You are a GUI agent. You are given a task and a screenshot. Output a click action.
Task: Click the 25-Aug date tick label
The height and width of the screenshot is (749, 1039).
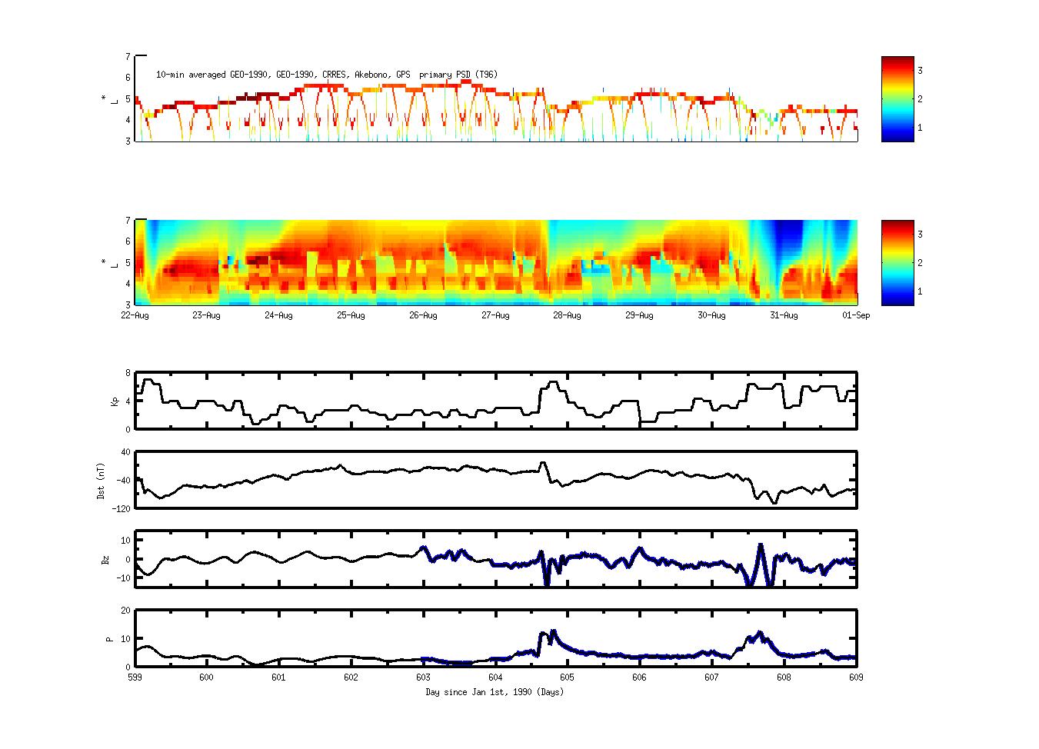351,315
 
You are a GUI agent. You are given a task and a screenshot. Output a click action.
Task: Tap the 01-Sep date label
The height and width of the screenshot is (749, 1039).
856,315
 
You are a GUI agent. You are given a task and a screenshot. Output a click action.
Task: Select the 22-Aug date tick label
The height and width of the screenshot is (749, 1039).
135,315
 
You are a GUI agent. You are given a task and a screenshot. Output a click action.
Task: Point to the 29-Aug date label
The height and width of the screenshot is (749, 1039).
640,315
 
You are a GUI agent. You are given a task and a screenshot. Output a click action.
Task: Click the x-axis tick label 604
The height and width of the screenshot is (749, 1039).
495,677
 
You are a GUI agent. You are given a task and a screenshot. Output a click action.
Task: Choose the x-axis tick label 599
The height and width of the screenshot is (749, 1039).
135,677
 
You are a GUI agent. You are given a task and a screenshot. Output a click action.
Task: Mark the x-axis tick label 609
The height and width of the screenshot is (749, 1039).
856,677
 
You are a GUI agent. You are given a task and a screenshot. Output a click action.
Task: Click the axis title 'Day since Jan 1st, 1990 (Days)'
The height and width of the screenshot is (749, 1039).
495,692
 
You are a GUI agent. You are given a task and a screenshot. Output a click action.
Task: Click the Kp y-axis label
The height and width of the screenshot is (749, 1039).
116,401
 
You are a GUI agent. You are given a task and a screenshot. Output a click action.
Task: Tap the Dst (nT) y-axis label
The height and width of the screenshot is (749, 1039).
101,481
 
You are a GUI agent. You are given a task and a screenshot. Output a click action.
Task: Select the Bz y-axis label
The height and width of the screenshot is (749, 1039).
105,560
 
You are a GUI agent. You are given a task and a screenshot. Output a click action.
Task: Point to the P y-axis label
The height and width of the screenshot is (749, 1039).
109,638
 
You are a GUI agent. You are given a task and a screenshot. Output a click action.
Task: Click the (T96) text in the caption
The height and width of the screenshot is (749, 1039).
485,75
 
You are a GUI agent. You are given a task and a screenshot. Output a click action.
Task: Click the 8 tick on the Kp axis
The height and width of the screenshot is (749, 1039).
128,373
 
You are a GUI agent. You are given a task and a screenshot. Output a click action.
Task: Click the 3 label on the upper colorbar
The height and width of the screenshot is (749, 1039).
920,71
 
